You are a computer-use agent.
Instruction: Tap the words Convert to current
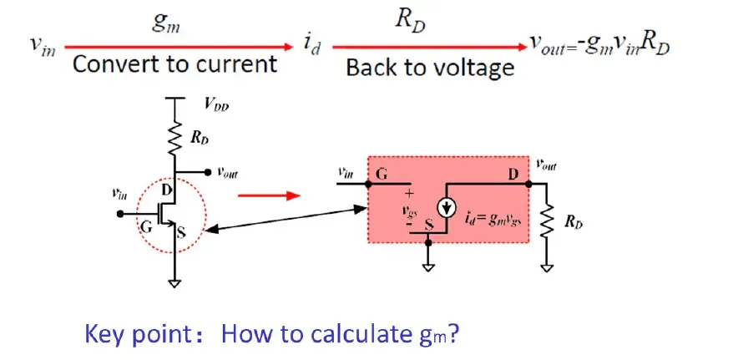[x=174, y=63]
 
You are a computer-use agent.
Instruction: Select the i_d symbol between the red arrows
[x=311, y=47]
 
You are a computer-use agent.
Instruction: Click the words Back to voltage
[x=430, y=68]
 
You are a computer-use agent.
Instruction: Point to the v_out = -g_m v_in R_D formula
[x=599, y=47]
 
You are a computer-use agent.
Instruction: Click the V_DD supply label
[x=216, y=105]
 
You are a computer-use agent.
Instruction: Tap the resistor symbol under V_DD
[x=175, y=139]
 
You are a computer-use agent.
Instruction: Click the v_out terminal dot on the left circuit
[x=206, y=172]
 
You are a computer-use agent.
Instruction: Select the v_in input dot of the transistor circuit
[x=120, y=214]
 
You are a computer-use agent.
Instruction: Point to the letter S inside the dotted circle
[x=181, y=233]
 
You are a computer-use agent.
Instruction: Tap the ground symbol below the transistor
[x=174, y=283]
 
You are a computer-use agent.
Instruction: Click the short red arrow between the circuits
[x=269, y=195]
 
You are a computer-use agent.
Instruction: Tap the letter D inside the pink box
[x=513, y=175]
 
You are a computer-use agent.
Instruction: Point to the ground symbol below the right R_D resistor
[x=547, y=268]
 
